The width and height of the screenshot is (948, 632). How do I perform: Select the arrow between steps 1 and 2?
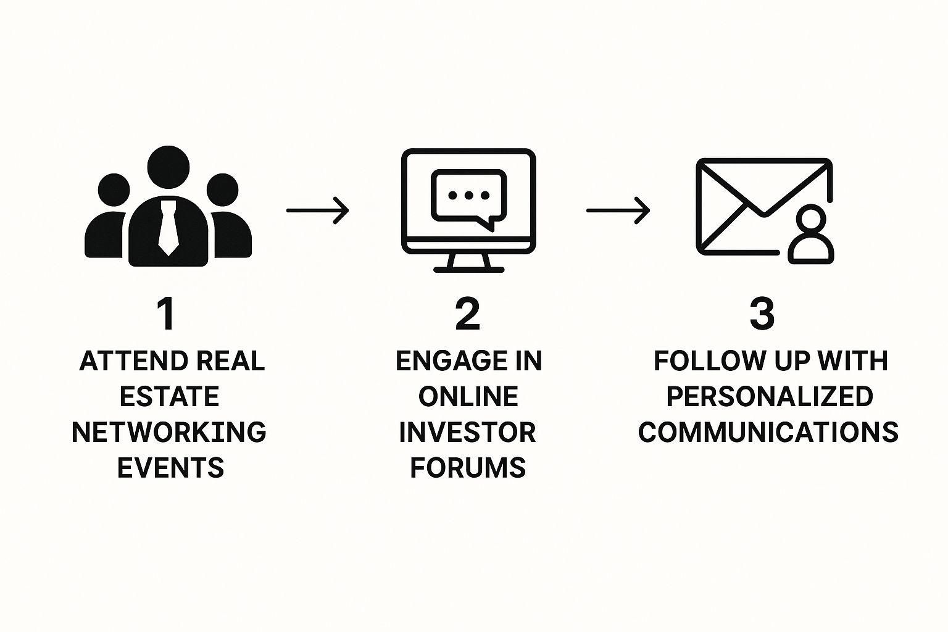(x=317, y=210)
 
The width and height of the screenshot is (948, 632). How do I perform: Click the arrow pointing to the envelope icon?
(x=618, y=210)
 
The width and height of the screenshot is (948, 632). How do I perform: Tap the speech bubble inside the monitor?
(x=468, y=197)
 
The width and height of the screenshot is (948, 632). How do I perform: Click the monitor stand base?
(x=468, y=269)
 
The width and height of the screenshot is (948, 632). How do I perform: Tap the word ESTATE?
(x=169, y=396)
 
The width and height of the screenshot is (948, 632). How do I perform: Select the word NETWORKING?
(x=169, y=432)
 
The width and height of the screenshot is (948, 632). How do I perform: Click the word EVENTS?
(x=170, y=468)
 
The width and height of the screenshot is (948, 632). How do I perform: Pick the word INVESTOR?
(x=467, y=432)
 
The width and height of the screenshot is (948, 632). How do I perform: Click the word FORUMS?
(x=468, y=468)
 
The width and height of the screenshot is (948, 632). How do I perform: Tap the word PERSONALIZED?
(x=770, y=396)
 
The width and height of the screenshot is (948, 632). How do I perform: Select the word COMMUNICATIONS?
(x=768, y=432)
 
